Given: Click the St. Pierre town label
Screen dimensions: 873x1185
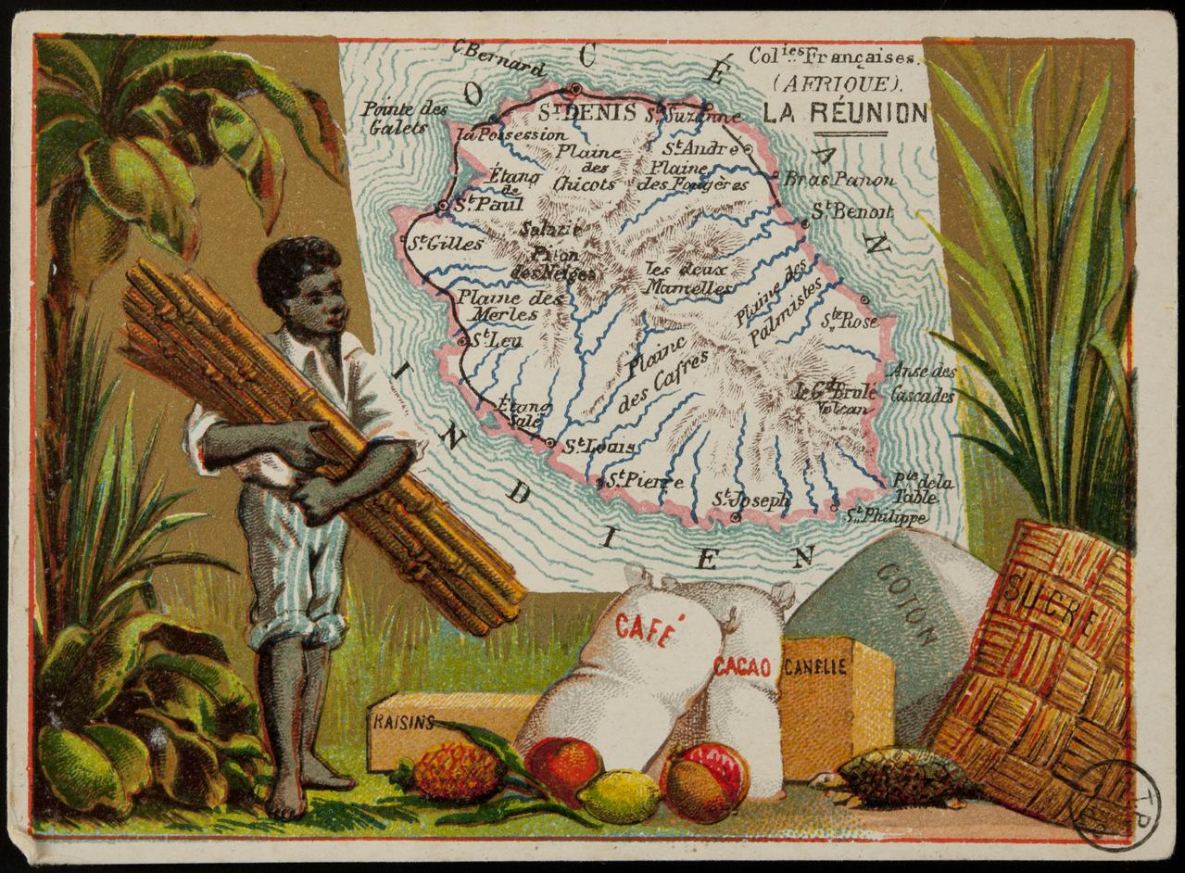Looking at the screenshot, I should tap(646, 481).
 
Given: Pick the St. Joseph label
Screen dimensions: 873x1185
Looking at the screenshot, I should tap(751, 500).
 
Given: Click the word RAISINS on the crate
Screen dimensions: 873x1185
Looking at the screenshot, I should tap(402, 723).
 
